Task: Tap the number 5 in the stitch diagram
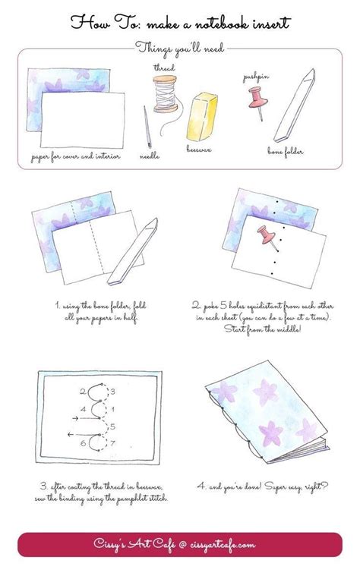click(x=112, y=426)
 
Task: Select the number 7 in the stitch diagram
click(x=112, y=443)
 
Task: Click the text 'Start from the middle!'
click(x=265, y=330)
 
